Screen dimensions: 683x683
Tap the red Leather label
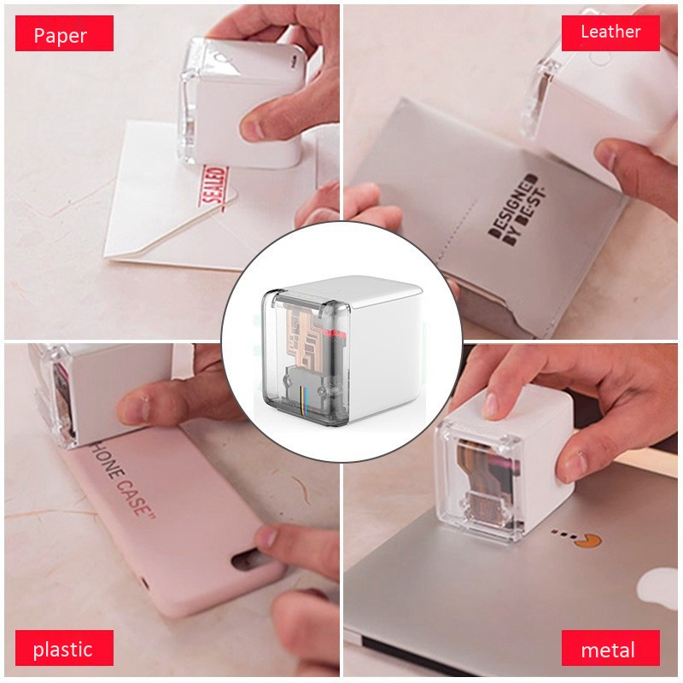[x=610, y=32]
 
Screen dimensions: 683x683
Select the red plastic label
[x=63, y=649]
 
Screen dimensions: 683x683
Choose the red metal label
[x=610, y=649]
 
